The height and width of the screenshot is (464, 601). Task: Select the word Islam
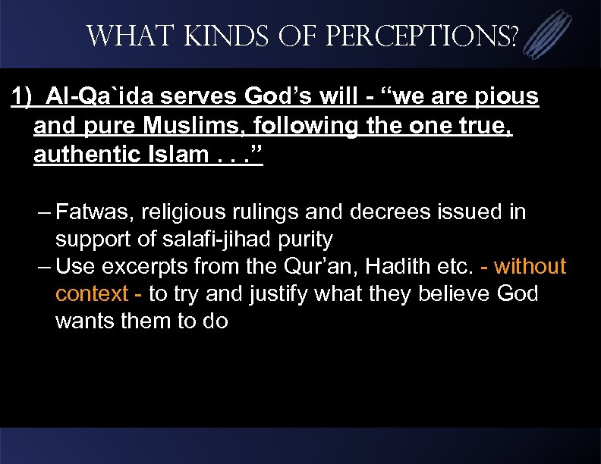(x=171, y=155)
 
